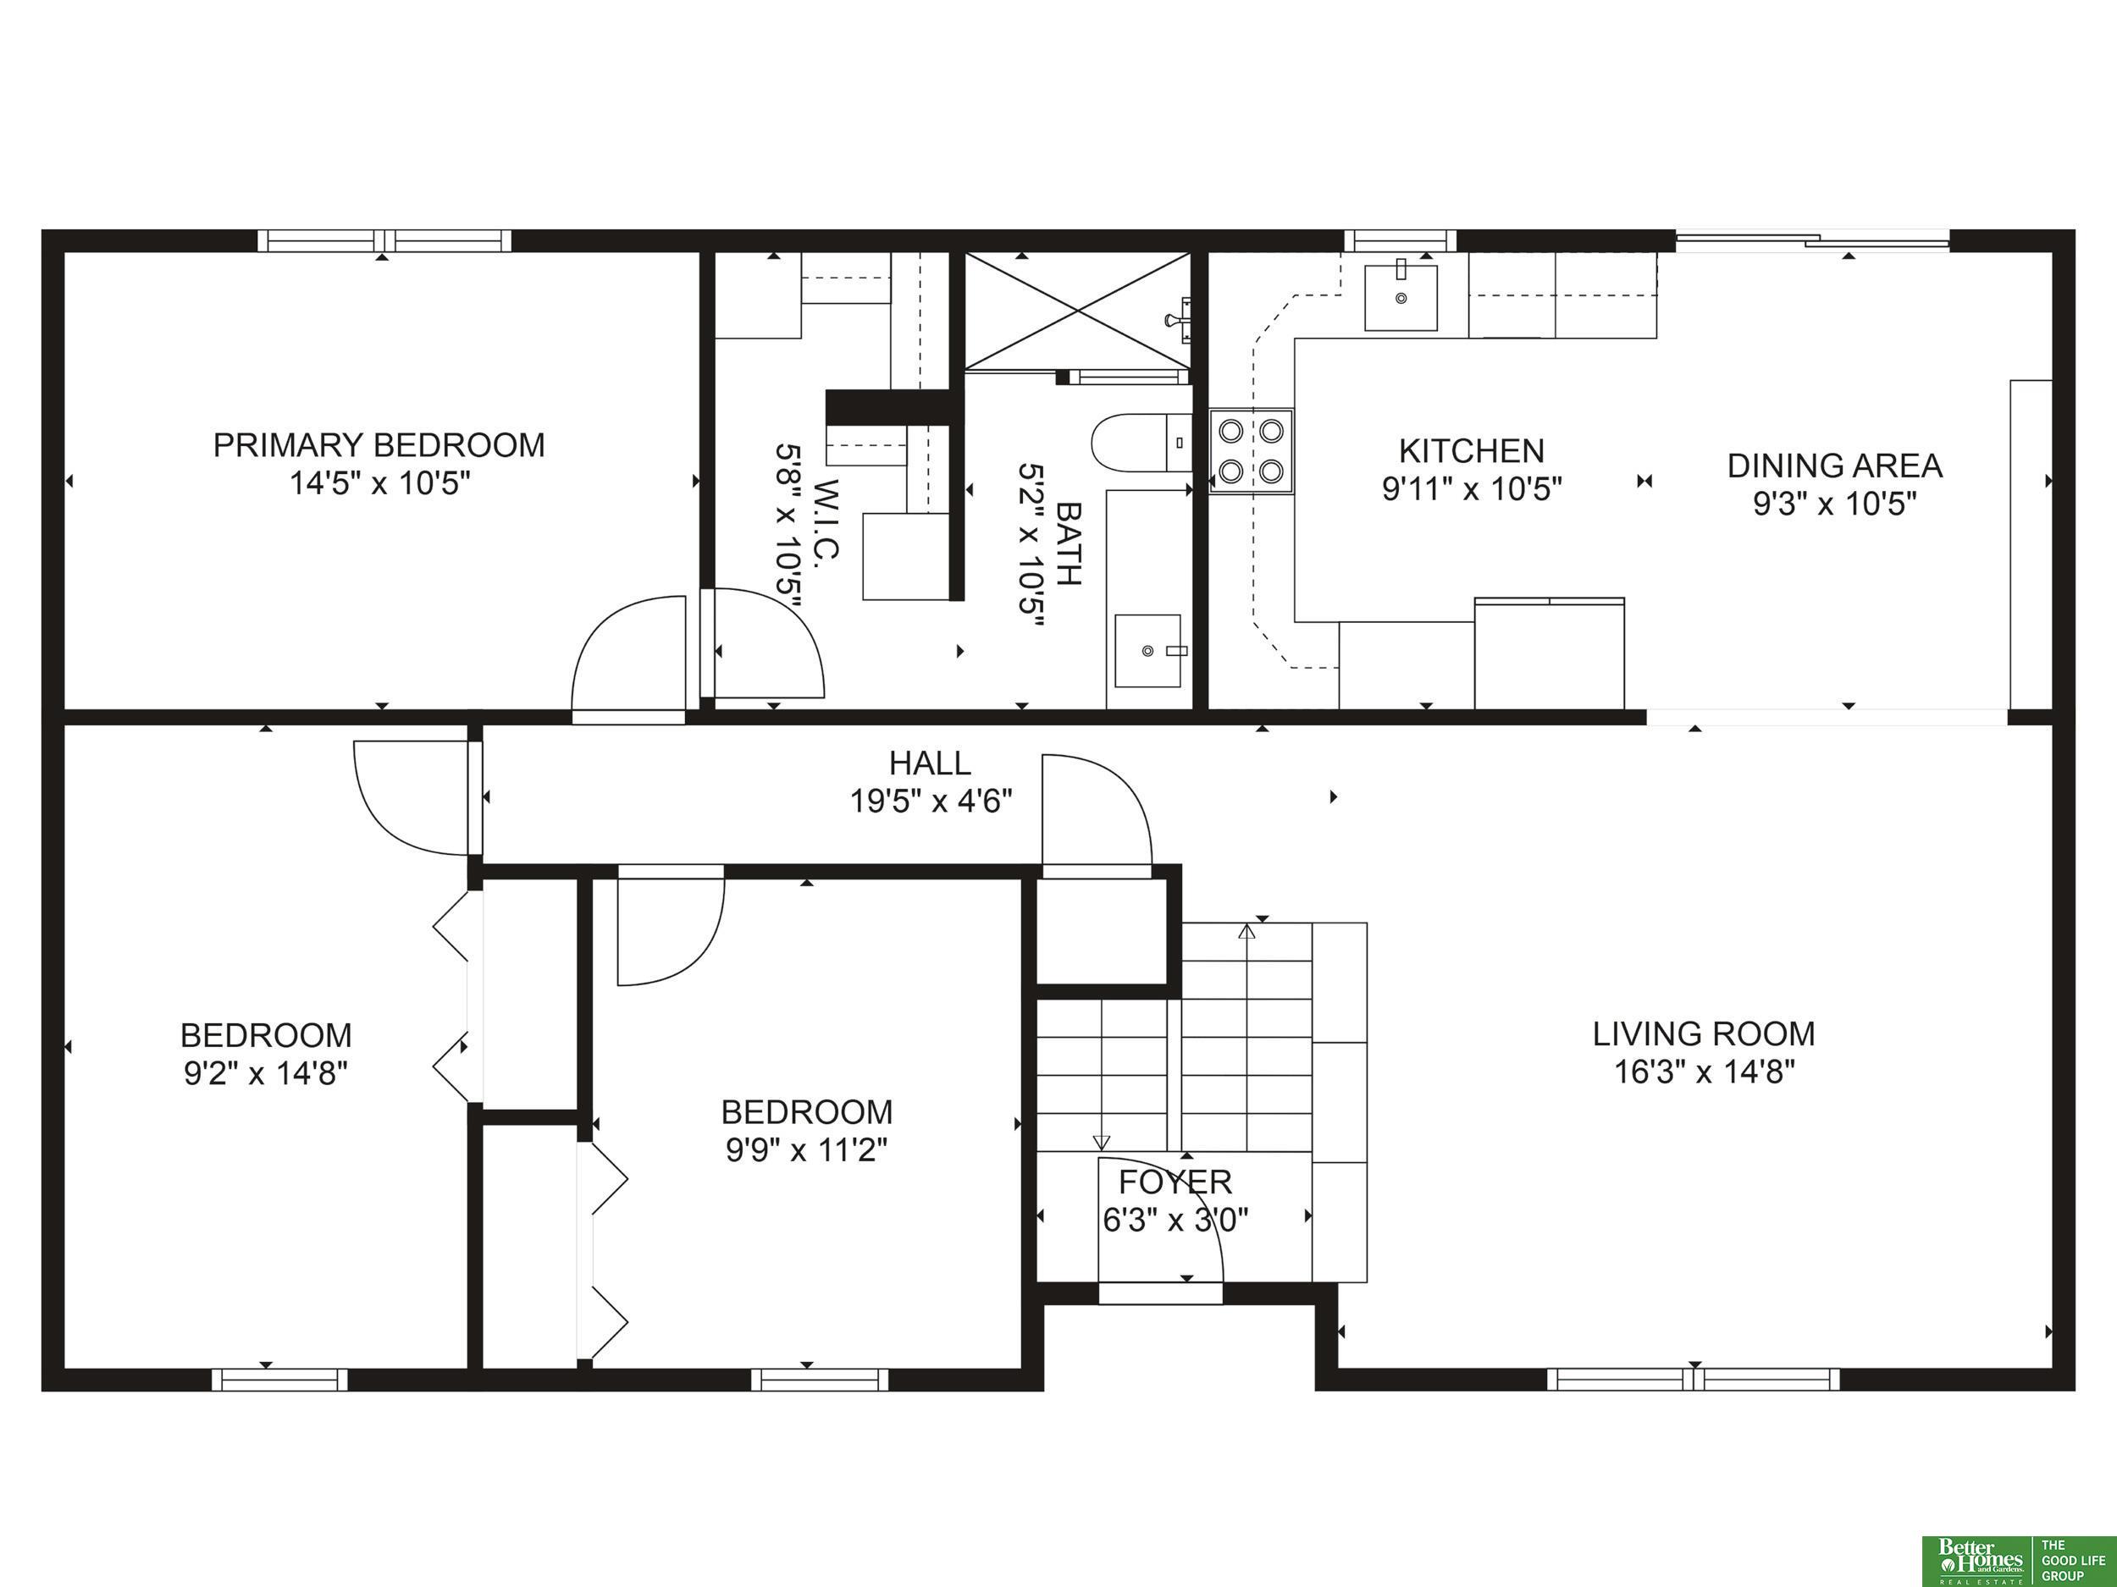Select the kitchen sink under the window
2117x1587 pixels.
(1400, 297)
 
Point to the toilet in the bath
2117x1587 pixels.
(1141, 443)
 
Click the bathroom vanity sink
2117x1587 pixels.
(1147, 651)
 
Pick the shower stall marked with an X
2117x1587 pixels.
(1078, 311)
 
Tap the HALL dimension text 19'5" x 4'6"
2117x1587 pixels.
(931, 801)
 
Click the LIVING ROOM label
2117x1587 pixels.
(1704, 1033)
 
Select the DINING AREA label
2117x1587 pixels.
(1835, 466)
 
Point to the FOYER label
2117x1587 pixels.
(1175, 1182)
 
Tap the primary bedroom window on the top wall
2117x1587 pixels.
(384, 240)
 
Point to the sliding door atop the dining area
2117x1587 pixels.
(1811, 241)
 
